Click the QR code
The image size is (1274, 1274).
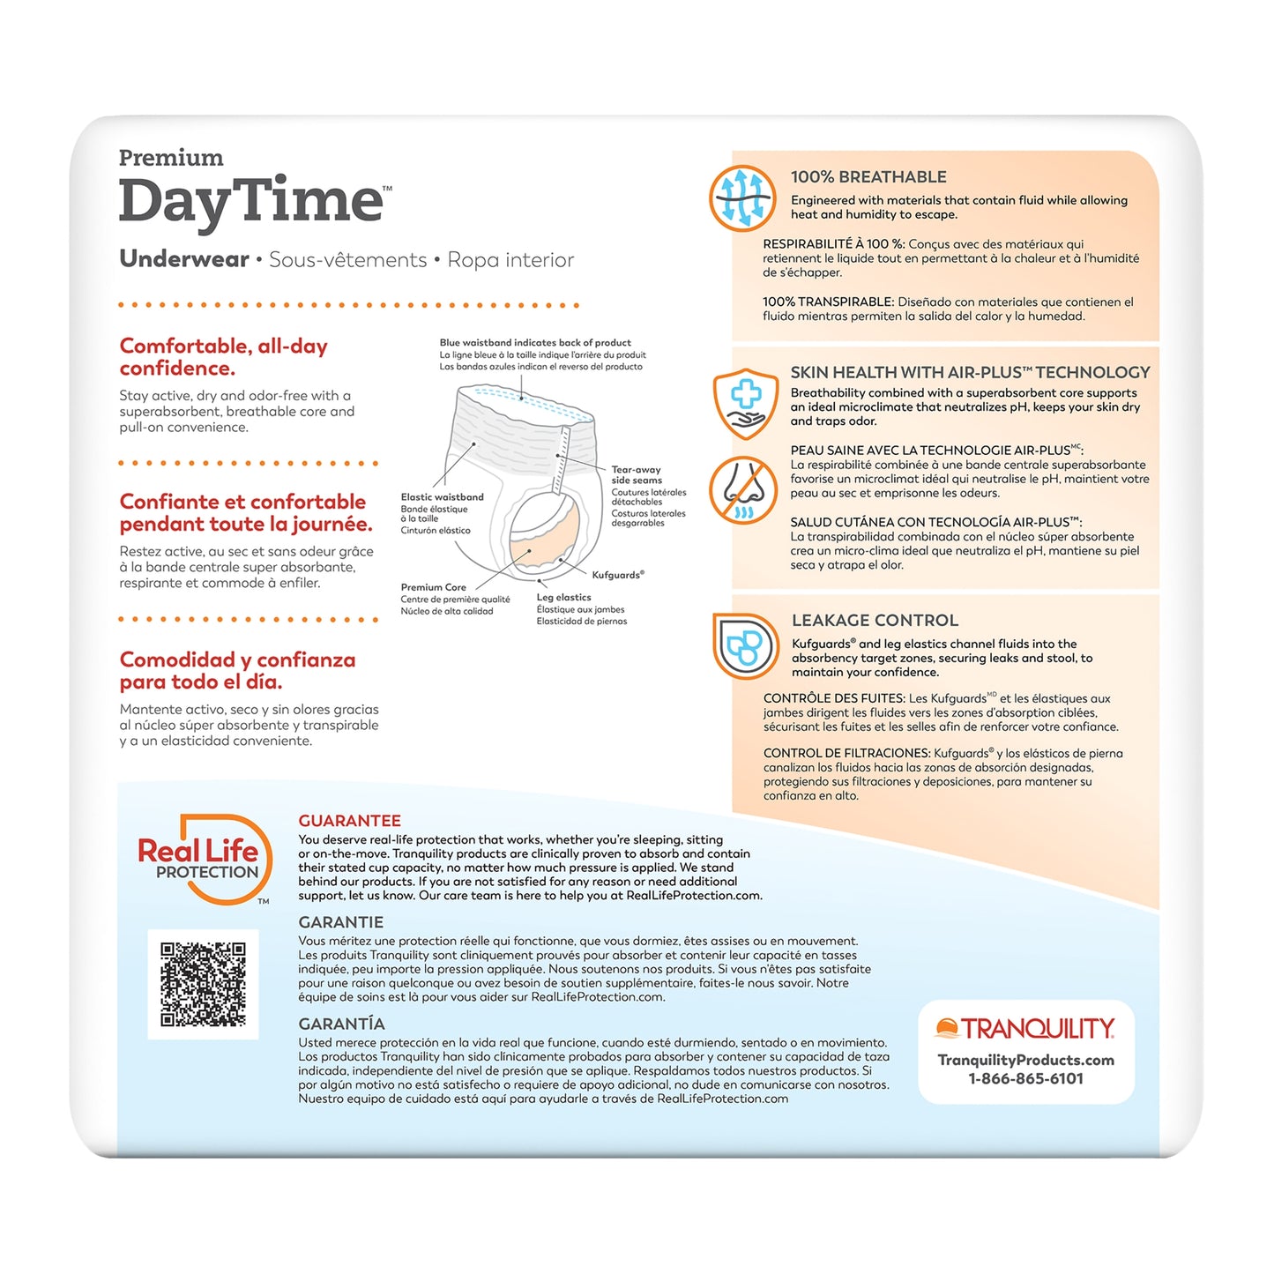click(x=203, y=984)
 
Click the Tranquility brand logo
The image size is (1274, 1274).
click(x=1025, y=1029)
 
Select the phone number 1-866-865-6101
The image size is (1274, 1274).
click(x=1025, y=1078)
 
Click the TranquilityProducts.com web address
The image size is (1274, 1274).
click(x=1025, y=1060)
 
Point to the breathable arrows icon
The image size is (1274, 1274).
click(x=742, y=197)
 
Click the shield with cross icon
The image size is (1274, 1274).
click(x=746, y=404)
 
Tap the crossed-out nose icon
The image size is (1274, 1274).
click(x=743, y=490)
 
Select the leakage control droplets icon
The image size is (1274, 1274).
click(x=745, y=646)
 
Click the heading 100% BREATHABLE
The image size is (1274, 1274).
click(x=868, y=177)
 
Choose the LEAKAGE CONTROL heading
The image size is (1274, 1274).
click(x=875, y=621)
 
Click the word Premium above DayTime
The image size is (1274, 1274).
click(x=171, y=158)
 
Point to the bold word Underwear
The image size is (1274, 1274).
click(x=184, y=259)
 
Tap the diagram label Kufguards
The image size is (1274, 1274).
click(x=617, y=575)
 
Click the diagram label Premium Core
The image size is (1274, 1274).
click(x=433, y=587)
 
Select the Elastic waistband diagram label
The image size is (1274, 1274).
click(x=442, y=497)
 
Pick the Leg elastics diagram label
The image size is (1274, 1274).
click(x=563, y=598)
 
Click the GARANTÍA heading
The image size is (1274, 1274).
click(x=341, y=1024)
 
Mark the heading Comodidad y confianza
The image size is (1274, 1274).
click(x=237, y=670)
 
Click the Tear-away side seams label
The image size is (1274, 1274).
click(x=637, y=475)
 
